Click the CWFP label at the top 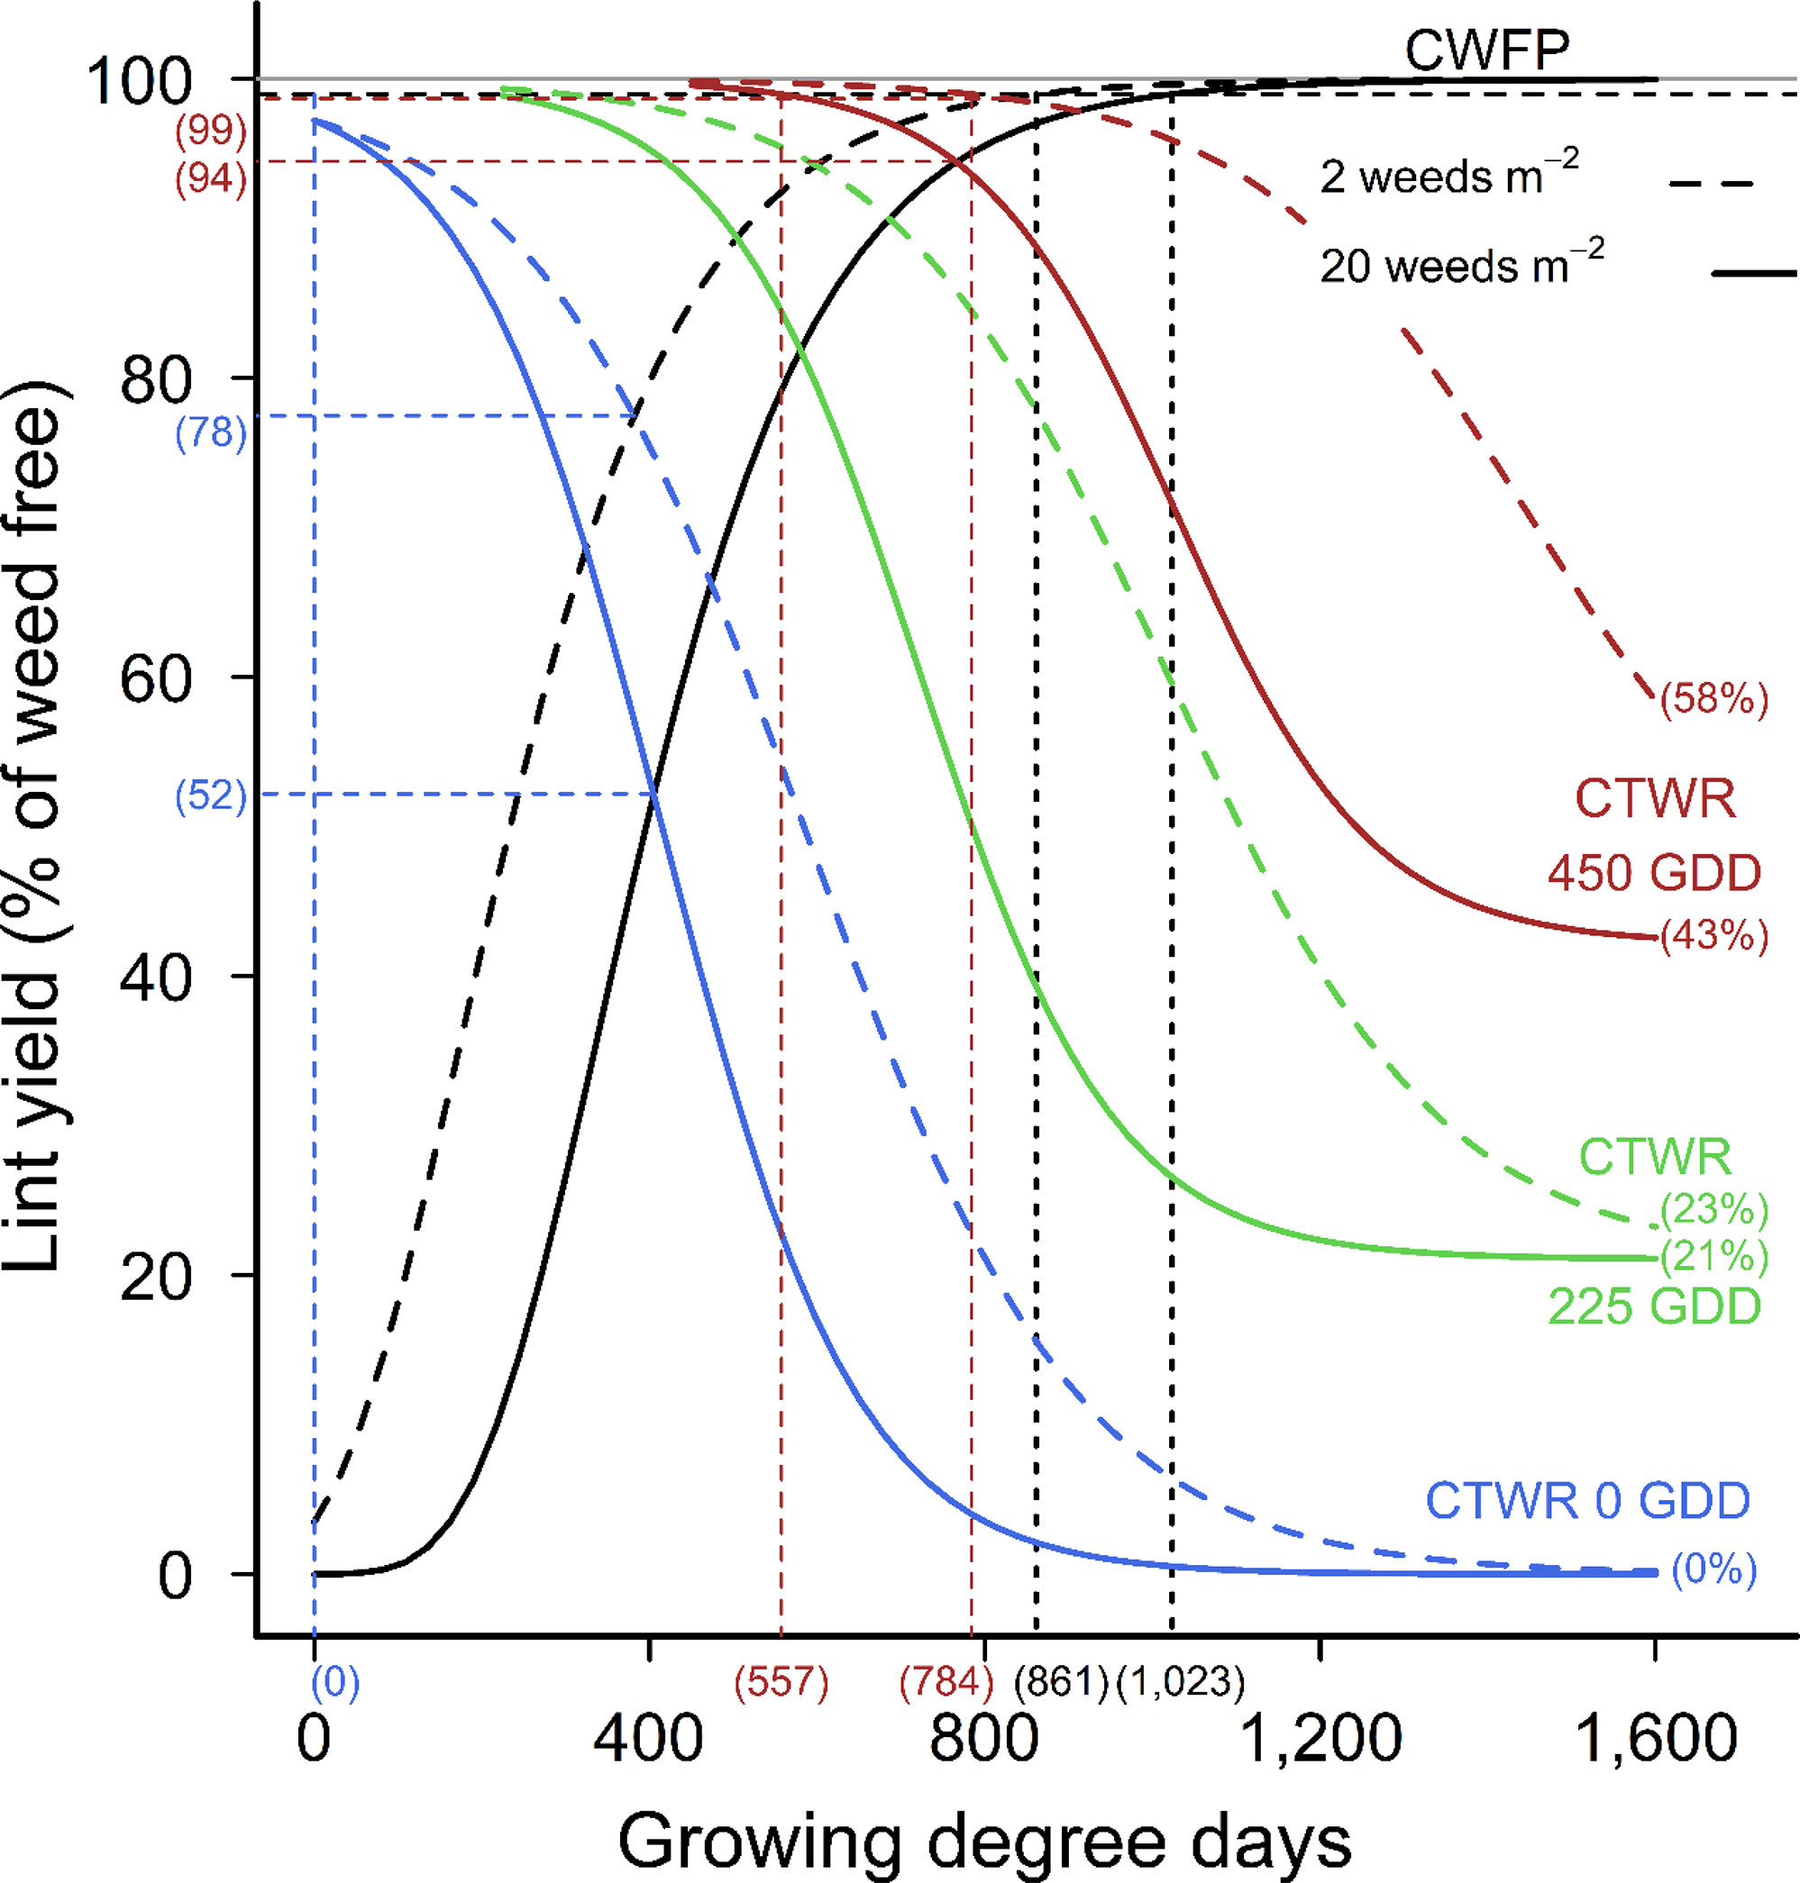[1487, 50]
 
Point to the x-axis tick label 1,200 [1320, 1737]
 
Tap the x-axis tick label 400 [649, 1737]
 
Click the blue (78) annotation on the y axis [211, 433]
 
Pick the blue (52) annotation [211, 796]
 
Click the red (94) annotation [211, 179]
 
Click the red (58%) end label [1714, 698]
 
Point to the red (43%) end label [1714, 934]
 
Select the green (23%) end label [1714, 1210]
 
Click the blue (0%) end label [1714, 1569]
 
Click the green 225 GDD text [1654, 1306]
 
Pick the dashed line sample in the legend [1711, 183]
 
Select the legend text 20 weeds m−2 [1461, 265]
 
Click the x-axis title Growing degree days [984, 1842]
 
